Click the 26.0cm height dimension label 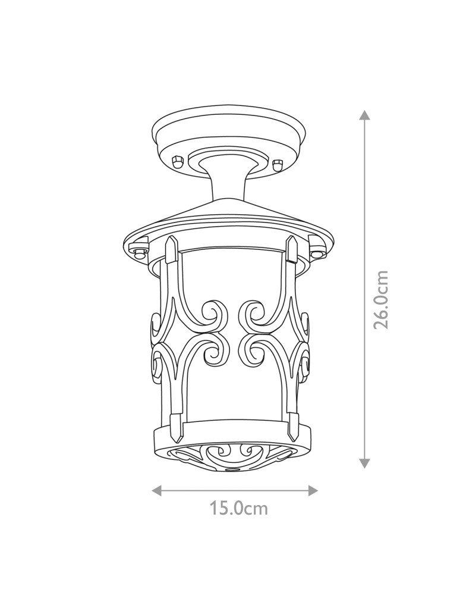(x=381, y=299)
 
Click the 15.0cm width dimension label (x=238, y=509)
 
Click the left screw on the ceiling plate (x=177, y=162)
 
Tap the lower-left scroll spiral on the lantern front (x=213, y=353)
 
